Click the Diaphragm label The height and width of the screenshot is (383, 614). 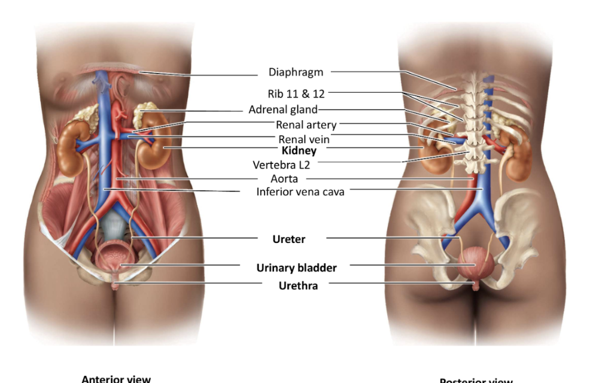coord(296,72)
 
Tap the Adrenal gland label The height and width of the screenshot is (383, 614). coord(283,110)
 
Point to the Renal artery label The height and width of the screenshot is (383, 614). coord(306,125)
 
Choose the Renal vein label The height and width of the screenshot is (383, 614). coord(304,139)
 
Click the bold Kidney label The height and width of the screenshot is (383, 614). coord(299,151)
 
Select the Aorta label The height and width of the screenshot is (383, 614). coord(284,179)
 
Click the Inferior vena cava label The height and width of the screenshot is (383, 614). coord(300,192)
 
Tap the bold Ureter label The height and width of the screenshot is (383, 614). coord(289,239)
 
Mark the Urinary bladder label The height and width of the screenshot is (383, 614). coord(296,268)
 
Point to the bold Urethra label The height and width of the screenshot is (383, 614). coord(298,286)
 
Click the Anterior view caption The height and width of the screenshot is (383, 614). coord(116,378)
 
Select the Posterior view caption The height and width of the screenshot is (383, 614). coord(476,380)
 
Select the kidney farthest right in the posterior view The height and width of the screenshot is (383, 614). coord(518,155)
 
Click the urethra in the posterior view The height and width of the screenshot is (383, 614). coord(476,285)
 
